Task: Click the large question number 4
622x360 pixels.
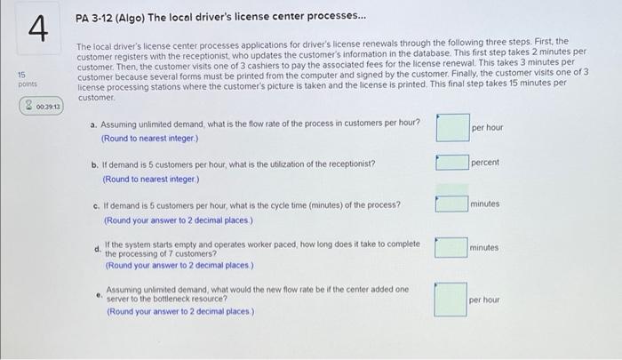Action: (38, 28)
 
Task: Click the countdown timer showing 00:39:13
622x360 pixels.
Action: (41, 106)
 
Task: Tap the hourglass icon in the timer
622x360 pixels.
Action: (28, 106)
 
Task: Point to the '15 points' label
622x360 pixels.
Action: (27, 79)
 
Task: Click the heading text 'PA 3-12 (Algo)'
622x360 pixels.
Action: (110, 18)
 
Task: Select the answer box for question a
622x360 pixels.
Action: (453, 127)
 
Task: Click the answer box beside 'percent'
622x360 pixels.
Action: (452, 163)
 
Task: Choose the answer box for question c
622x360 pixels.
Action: (451, 204)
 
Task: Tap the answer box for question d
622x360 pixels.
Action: (451, 247)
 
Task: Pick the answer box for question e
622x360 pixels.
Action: (451, 300)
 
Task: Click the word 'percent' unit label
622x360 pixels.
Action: (485, 163)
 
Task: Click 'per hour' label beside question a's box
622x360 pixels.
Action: (488, 127)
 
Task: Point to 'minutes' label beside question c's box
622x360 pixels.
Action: (485, 204)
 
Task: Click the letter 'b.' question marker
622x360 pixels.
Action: (95, 164)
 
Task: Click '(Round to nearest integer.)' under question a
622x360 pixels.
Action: (149, 139)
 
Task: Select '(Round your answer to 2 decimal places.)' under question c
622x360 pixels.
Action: (178, 220)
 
